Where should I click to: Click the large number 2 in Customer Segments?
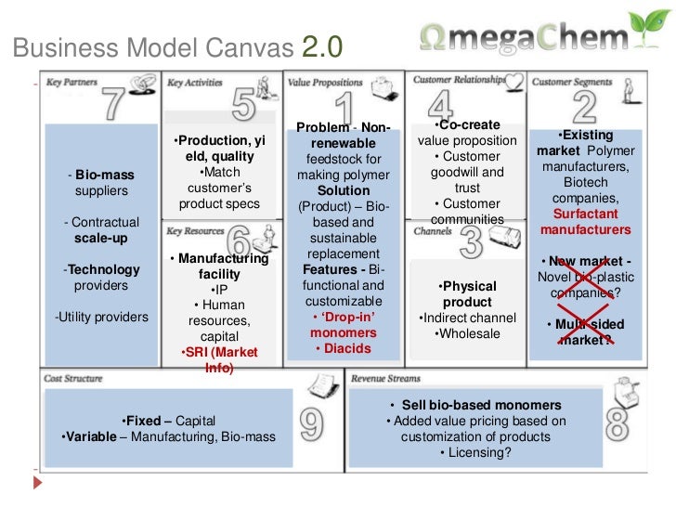pos(584,108)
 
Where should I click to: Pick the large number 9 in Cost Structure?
pos(311,423)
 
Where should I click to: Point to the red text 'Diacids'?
pos(344,349)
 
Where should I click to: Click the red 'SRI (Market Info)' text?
pos(219,360)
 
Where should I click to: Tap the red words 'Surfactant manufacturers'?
pos(585,222)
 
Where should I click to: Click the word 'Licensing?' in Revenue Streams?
pos(475,453)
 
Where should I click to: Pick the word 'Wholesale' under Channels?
pos(468,333)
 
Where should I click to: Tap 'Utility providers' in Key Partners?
pos(102,318)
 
